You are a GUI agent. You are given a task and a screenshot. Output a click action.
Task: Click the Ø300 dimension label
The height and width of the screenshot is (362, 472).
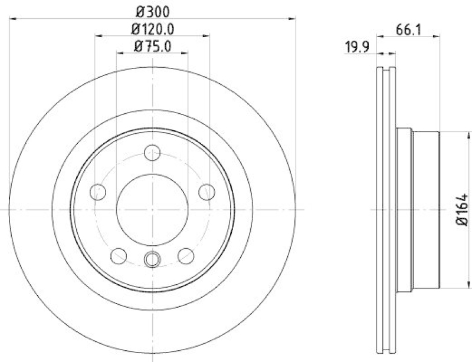[152, 10]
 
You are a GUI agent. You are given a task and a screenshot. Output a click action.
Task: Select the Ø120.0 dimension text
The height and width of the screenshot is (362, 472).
[152, 28]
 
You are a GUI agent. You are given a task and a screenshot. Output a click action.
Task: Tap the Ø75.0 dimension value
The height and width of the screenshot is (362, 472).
[152, 47]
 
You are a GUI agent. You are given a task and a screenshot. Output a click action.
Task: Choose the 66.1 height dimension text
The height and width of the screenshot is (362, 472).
[408, 29]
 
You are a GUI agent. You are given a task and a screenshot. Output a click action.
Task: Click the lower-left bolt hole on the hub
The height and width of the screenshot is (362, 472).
[119, 255]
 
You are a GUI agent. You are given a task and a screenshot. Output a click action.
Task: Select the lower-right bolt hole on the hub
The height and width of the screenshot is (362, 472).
[186, 255]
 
